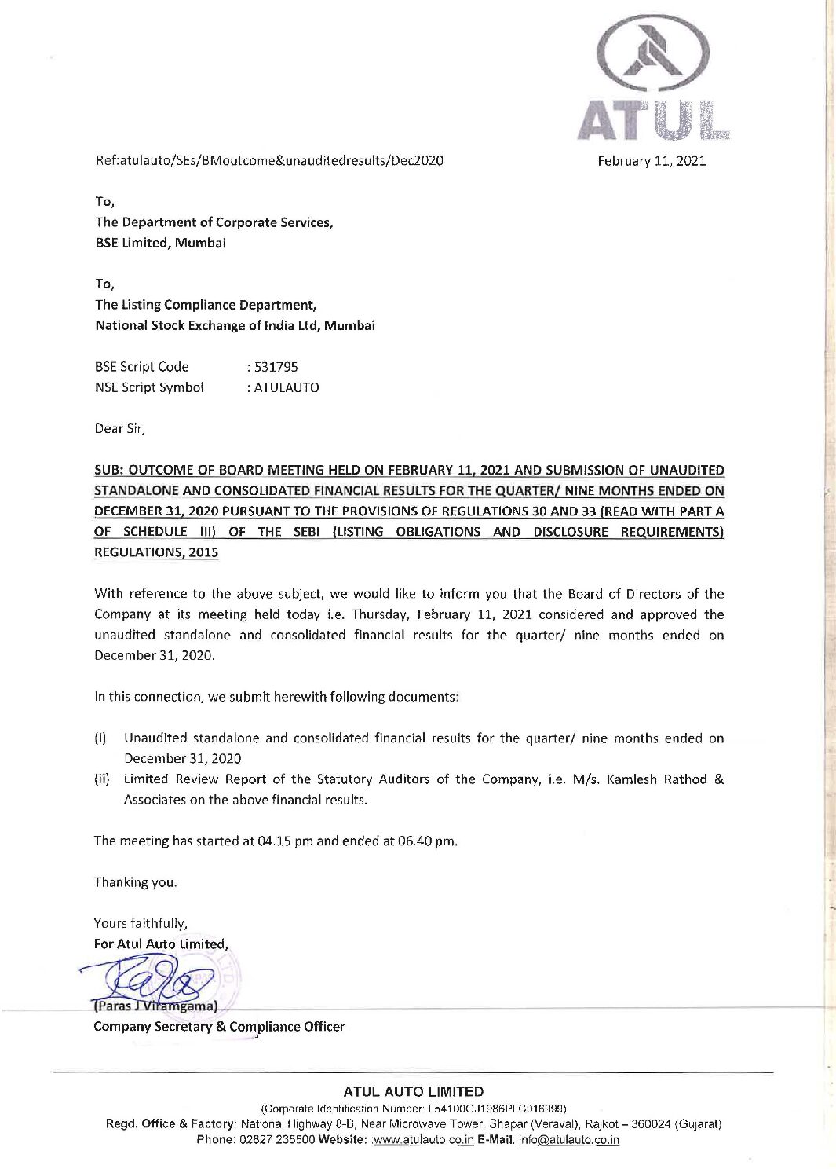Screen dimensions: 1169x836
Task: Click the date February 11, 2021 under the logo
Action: click(x=652, y=161)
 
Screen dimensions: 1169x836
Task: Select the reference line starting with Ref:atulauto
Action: click(x=269, y=161)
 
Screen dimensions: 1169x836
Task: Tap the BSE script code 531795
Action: click(x=276, y=367)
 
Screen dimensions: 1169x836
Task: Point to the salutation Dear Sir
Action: click(x=119, y=428)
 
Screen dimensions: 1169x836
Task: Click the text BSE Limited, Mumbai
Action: click(x=160, y=243)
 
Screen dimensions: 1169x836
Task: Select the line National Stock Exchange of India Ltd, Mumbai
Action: click(x=235, y=325)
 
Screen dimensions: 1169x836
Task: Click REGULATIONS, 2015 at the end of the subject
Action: click(x=156, y=552)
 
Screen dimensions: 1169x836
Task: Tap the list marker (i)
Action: click(x=100, y=738)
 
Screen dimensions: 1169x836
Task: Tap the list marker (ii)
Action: click(x=102, y=779)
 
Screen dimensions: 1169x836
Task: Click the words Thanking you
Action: click(x=135, y=882)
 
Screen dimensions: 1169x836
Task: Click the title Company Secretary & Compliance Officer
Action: click(x=218, y=1026)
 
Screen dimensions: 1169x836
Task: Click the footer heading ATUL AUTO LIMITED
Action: click(x=414, y=1091)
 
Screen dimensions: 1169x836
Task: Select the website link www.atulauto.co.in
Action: click(x=423, y=1140)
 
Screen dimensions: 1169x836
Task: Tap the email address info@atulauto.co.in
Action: click(x=568, y=1140)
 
